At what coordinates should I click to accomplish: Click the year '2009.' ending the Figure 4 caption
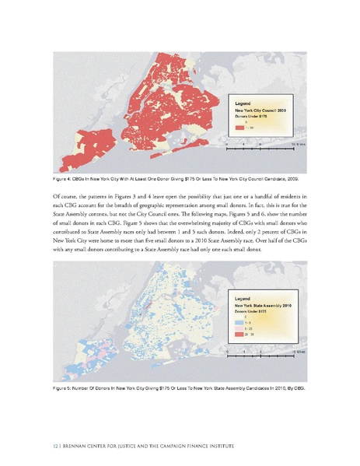293,178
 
